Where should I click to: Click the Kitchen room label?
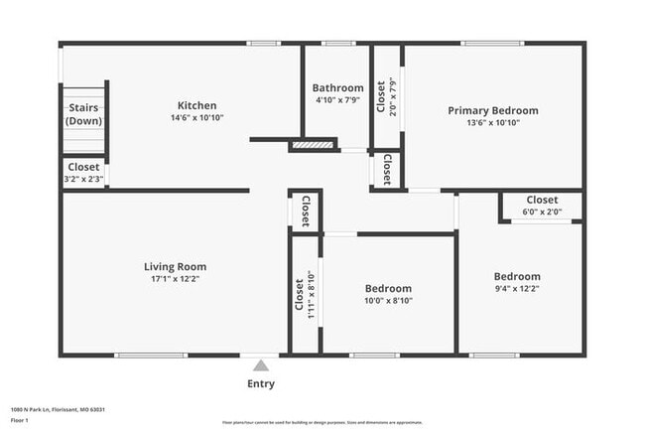(196, 106)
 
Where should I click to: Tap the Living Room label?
(175, 266)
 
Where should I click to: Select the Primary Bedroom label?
(492, 110)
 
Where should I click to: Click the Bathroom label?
(337, 87)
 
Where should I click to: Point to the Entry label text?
(260, 384)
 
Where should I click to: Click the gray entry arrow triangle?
(260, 365)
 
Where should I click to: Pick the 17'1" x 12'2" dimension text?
(175, 279)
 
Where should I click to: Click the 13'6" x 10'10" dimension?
(492, 123)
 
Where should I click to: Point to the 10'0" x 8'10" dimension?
(388, 301)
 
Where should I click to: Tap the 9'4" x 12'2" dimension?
(517, 289)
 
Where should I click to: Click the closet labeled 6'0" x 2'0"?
(542, 206)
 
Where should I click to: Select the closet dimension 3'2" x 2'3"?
(83, 180)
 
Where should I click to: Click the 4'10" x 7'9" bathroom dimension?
(337, 100)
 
